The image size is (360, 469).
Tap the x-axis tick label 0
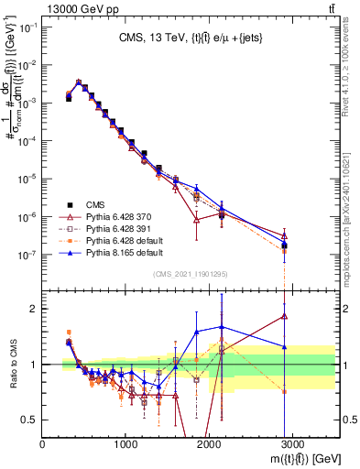(x=43, y=443)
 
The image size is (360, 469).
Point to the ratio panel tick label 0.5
(x=29, y=420)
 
